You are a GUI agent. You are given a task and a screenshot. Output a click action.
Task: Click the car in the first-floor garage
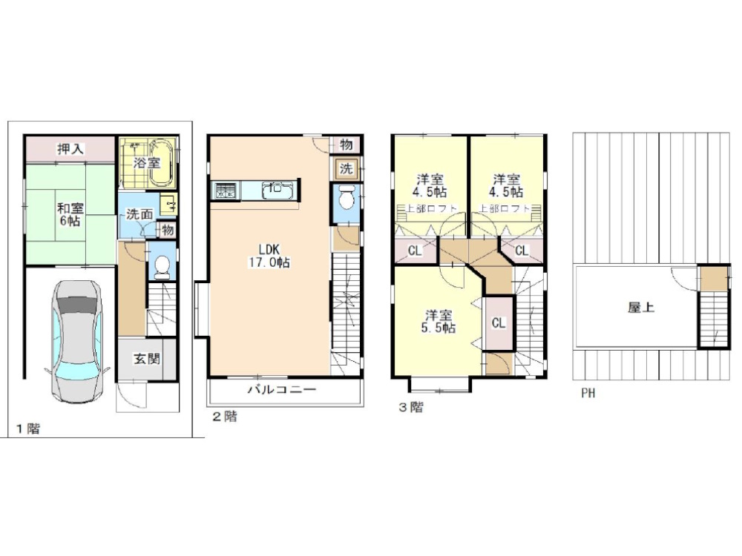tap(76, 341)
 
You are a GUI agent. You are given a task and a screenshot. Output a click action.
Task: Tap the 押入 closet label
tap(70, 150)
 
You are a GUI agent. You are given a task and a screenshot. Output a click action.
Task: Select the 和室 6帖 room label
tap(70, 214)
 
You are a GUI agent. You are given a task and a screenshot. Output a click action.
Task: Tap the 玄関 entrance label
tap(146, 359)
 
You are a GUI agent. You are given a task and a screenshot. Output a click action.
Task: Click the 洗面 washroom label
tap(139, 214)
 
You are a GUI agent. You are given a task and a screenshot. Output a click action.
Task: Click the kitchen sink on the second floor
tap(277, 191)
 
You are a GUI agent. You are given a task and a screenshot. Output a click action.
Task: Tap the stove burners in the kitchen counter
tap(226, 191)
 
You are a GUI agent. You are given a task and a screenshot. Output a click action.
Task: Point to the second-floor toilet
tap(347, 198)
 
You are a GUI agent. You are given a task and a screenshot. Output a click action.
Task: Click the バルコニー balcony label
tap(282, 390)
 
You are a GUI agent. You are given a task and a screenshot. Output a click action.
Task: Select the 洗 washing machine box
tap(347, 169)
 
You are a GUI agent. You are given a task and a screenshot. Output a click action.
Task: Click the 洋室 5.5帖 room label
tap(439, 322)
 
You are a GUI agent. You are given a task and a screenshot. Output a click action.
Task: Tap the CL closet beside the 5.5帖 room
tap(499, 323)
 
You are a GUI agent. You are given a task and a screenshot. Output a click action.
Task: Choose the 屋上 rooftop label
tap(641, 308)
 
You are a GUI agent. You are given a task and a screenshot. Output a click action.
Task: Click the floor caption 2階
tap(224, 417)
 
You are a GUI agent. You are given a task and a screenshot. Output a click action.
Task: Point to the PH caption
tap(588, 393)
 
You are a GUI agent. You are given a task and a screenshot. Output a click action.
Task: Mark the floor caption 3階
tap(411, 407)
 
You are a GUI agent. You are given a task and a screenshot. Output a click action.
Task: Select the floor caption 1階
tap(28, 428)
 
